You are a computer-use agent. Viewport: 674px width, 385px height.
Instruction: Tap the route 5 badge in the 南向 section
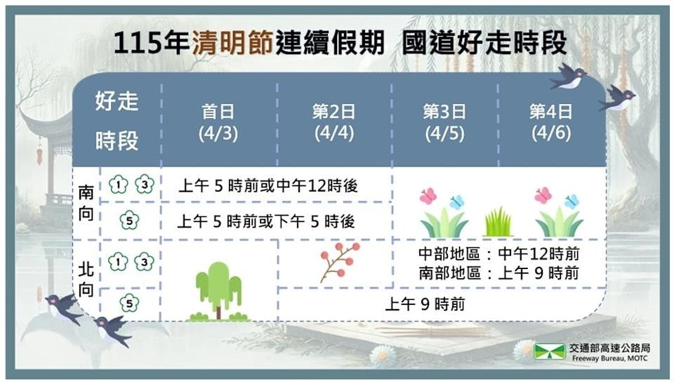pos(128,221)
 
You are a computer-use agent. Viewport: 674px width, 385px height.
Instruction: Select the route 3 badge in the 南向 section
pos(143,185)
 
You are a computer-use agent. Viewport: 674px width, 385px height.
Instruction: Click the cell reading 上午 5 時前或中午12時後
pos(268,186)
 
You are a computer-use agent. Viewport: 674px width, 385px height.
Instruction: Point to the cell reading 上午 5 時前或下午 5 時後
pos(266,221)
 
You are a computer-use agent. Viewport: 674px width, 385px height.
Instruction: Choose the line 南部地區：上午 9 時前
pos(498,273)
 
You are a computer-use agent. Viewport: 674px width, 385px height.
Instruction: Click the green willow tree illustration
pos(218,291)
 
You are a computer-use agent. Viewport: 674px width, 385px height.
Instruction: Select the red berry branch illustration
pos(339,261)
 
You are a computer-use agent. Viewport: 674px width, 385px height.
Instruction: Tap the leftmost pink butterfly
pos(428,196)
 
